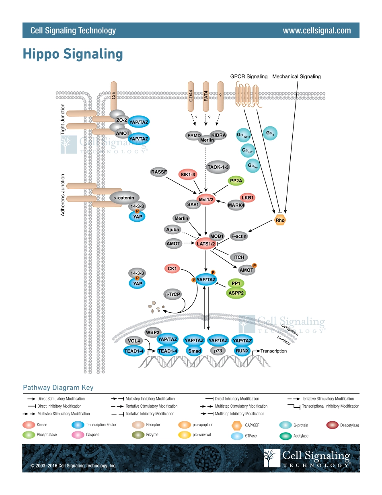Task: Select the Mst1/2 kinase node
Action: [206, 199]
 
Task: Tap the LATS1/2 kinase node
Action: [206, 243]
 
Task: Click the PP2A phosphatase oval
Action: [236, 181]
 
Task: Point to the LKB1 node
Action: [248, 198]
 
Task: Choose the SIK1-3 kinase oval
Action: [188, 174]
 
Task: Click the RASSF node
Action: [158, 172]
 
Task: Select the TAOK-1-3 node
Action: [218, 167]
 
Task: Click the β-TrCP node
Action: [172, 294]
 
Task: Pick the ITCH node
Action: [238, 257]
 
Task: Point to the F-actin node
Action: [239, 236]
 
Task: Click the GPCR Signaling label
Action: [249, 76]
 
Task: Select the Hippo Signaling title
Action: [72, 54]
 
